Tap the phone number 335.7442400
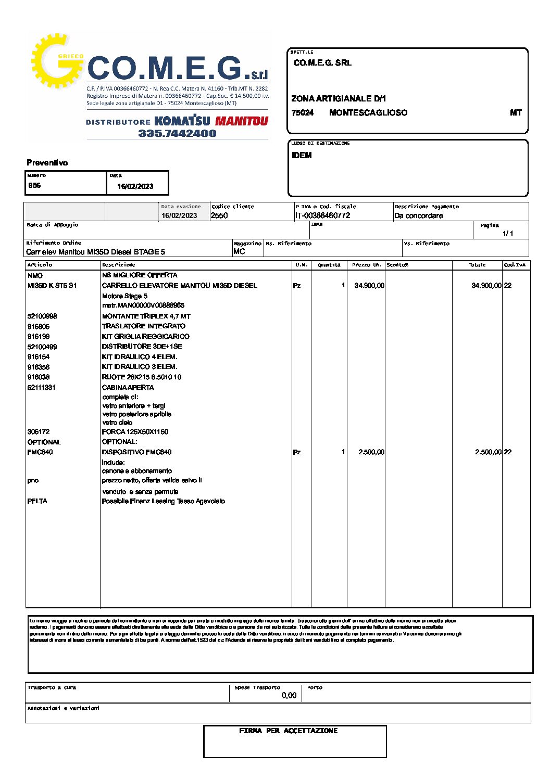[x=177, y=133]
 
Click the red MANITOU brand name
[x=242, y=121]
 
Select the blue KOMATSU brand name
[x=182, y=121]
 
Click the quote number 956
[x=34, y=185]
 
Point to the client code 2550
[x=219, y=215]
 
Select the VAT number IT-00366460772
[x=322, y=215]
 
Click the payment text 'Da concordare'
[x=419, y=215]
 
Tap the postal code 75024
[x=303, y=112]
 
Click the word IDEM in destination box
[x=302, y=155]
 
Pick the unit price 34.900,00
[x=369, y=285]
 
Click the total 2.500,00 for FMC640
[x=488, y=452]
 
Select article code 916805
[x=39, y=326]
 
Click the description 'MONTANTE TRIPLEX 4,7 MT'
[x=146, y=316]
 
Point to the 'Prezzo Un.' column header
[x=367, y=265]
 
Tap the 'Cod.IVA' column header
[x=515, y=265]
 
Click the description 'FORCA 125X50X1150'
[x=135, y=431]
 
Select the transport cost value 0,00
[x=289, y=695]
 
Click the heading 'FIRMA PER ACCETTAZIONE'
[x=288, y=731]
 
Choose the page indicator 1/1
[x=508, y=233]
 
